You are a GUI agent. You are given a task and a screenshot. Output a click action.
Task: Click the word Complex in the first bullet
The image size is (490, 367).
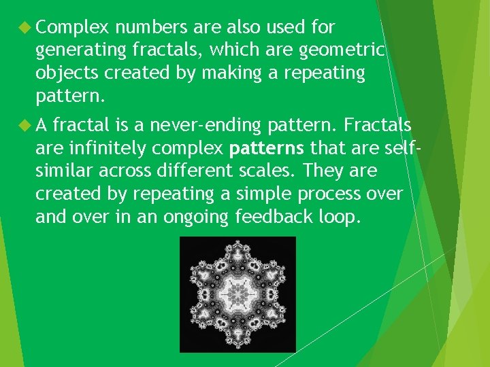[x=73, y=28]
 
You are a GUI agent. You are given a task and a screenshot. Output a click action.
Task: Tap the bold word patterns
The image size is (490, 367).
[x=268, y=147]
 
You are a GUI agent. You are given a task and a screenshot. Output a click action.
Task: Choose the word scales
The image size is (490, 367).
[x=278, y=170]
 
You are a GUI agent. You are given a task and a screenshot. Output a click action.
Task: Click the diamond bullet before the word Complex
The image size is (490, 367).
[x=24, y=28]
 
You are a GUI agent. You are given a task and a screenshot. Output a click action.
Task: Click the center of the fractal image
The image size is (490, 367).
[x=238, y=294]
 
